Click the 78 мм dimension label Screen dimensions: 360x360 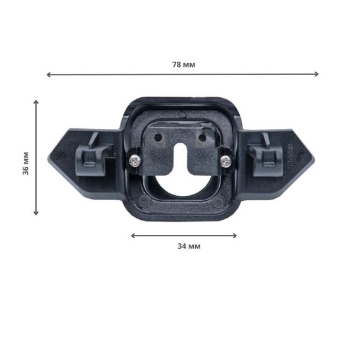coord(184,65)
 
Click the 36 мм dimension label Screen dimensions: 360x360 coord(26,163)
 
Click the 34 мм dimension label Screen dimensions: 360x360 coord(189,246)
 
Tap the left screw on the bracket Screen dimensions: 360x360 coord(135,160)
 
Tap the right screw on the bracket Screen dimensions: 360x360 coord(225,161)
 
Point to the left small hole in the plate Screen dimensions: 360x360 coord(158,138)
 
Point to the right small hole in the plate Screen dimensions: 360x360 coord(202,138)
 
